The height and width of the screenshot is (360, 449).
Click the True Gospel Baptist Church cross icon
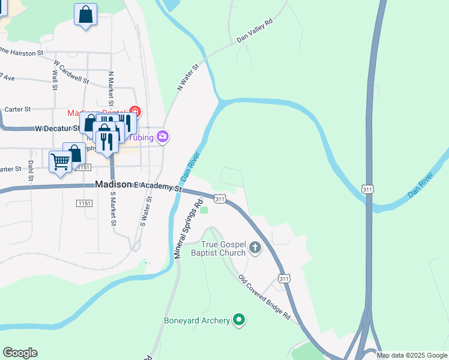pyautogui.click(x=255, y=247)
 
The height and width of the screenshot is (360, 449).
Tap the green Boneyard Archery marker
pyautogui.click(x=240, y=320)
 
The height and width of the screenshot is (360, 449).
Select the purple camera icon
pyautogui.click(x=162, y=137)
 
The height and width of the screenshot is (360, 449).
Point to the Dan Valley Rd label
pyautogui.click(x=255, y=31)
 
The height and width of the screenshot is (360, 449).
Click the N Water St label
pyautogui.click(x=187, y=79)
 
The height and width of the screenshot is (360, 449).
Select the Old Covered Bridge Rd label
pyautogui.click(x=264, y=297)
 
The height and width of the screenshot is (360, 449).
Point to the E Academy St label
pyautogui.click(x=158, y=187)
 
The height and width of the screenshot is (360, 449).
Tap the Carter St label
pyautogui.click(x=17, y=109)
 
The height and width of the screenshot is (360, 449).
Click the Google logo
pyautogui.click(x=20, y=353)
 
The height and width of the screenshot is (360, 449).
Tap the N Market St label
pyautogui.click(x=110, y=86)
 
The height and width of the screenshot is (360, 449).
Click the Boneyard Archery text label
pyautogui.click(x=197, y=321)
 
